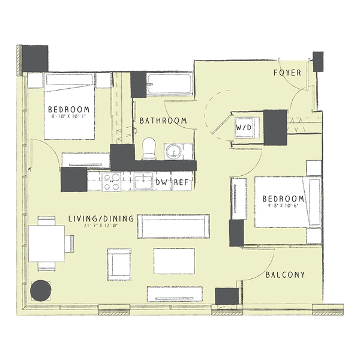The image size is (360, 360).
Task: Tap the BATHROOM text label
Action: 163,121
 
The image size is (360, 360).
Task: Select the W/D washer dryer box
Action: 244,128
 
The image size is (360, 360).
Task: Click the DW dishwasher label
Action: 161,181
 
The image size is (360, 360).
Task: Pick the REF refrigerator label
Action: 181,181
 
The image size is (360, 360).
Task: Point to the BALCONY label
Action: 285,275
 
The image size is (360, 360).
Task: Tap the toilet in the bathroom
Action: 149,148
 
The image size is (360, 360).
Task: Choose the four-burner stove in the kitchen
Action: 111,182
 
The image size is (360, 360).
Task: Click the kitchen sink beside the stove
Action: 142,181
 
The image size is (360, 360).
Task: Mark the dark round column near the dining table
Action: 40,291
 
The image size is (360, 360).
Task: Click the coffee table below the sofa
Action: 173,260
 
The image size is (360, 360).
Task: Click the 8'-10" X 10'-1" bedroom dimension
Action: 70,118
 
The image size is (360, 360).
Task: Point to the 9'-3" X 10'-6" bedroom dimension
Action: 283,206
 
